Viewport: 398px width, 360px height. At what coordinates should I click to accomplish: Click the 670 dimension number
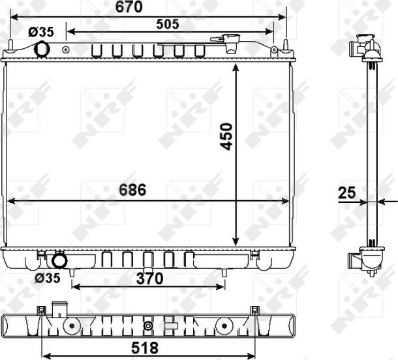[x=129, y=7]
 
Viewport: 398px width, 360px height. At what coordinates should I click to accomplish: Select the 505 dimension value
[x=168, y=24]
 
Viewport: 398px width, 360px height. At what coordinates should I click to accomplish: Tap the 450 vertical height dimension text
[x=226, y=136]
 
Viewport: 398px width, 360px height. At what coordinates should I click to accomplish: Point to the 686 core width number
[x=132, y=190]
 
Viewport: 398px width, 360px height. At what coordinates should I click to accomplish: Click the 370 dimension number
[x=149, y=278]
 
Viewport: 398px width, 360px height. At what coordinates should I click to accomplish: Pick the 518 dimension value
[x=145, y=348]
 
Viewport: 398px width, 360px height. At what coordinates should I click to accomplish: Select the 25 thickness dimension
[x=347, y=193]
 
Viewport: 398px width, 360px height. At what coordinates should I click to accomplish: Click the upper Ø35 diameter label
[x=41, y=32]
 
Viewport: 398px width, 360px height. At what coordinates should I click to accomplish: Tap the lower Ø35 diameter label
[x=48, y=278]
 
